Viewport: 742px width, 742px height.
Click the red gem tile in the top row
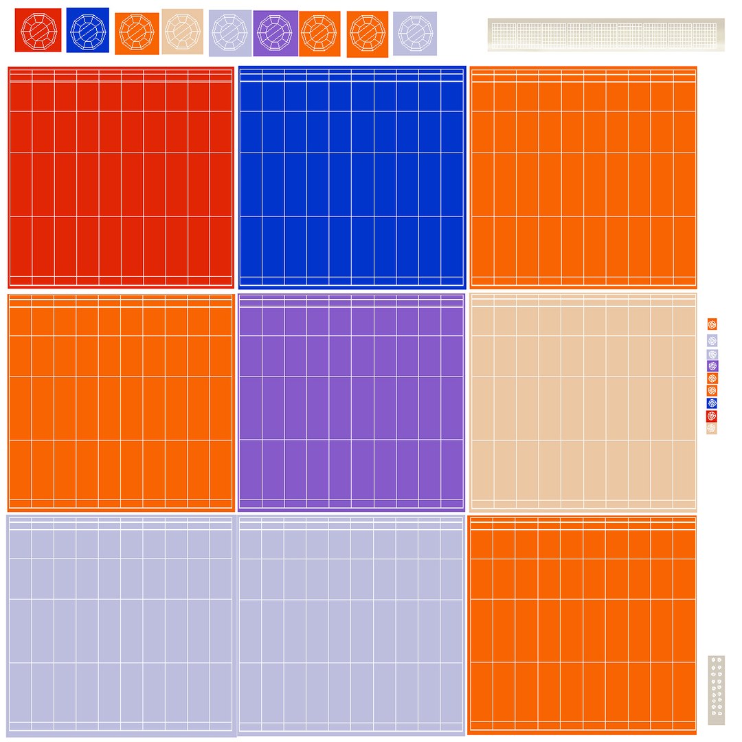pyautogui.click(x=38, y=30)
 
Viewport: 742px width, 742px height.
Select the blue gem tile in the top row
pyautogui.click(x=87, y=30)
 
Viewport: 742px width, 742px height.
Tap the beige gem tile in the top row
pyautogui.click(x=182, y=30)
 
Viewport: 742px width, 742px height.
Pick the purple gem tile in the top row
pyautogui.click(x=276, y=33)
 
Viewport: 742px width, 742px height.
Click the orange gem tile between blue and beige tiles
pyautogui.click(x=137, y=33)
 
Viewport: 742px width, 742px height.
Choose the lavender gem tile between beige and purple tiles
pyautogui.click(x=230, y=32)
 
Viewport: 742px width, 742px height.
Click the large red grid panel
pyautogui.click(x=121, y=177)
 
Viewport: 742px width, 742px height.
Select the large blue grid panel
pyautogui.click(x=352, y=177)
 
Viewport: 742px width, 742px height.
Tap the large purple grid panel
pyautogui.click(x=351, y=402)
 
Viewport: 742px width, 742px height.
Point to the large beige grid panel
pyautogui.click(x=583, y=402)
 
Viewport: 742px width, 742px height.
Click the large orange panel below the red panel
pyautogui.click(x=121, y=403)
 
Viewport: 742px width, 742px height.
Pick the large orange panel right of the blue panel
pyautogui.click(x=583, y=177)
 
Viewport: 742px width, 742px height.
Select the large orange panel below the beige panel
pyautogui.click(x=583, y=625)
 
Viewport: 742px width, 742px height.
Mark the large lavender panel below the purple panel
pyautogui.click(x=351, y=625)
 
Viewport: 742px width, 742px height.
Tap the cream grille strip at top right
pyautogui.click(x=606, y=34)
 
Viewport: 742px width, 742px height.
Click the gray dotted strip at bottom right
pyautogui.click(x=716, y=690)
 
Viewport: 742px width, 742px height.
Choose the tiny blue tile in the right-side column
pyautogui.click(x=712, y=403)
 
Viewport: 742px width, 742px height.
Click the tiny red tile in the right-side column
pyautogui.click(x=712, y=416)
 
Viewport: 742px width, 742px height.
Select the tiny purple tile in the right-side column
pyautogui.click(x=712, y=366)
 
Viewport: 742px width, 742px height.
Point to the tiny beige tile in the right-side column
pyautogui.click(x=712, y=428)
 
